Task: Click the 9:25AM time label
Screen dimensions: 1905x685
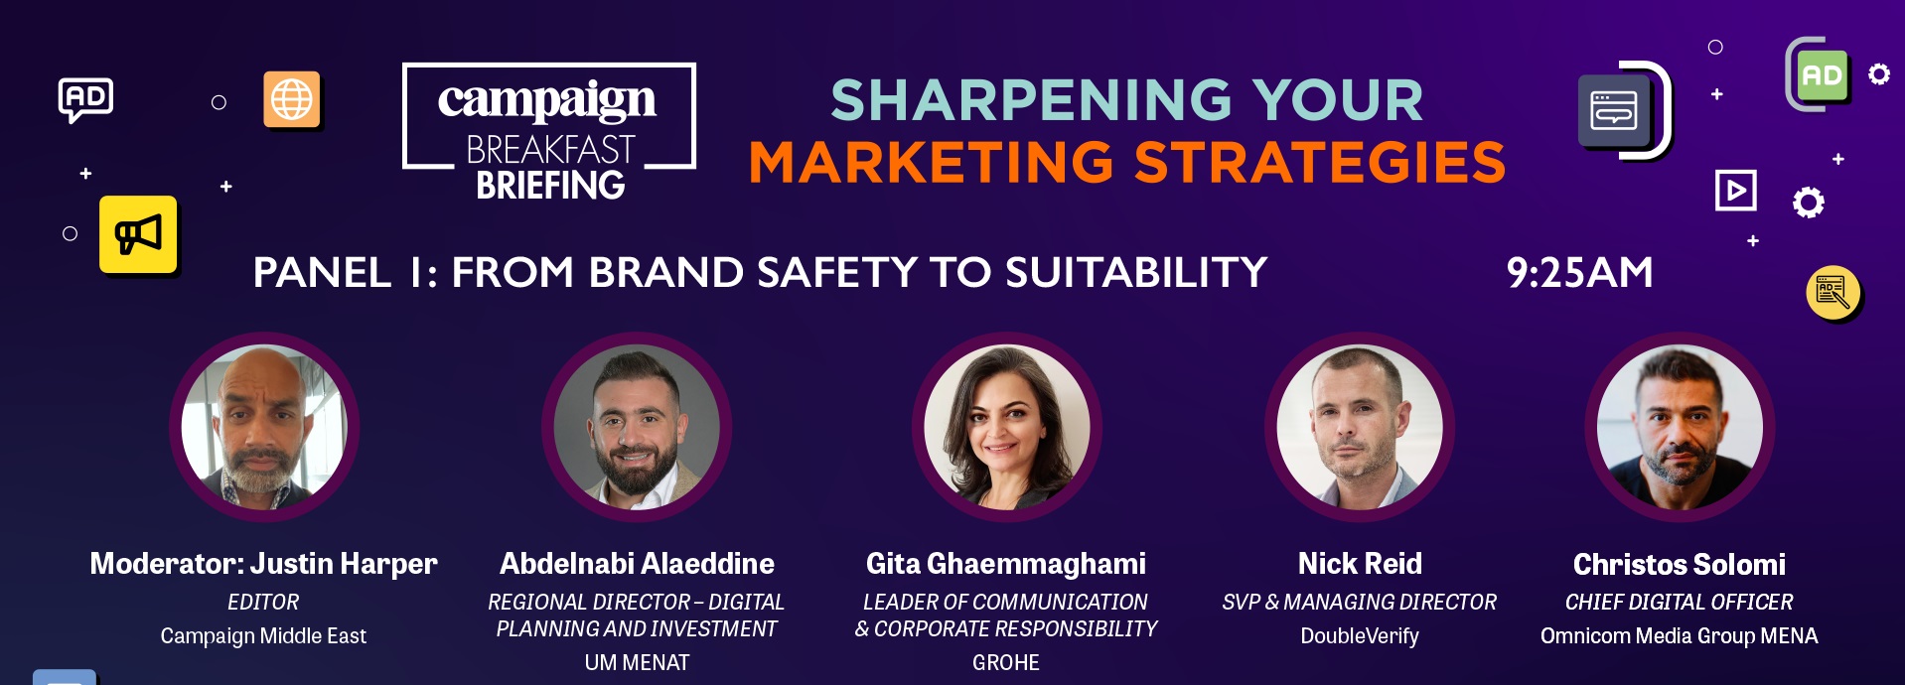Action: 1579,272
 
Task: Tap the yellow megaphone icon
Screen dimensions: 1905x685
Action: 138,234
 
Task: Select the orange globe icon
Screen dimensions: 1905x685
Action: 292,99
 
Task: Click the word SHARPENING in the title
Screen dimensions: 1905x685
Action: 1030,100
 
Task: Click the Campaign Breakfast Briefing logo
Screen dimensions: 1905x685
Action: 549,131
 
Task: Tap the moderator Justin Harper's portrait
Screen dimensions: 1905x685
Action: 264,427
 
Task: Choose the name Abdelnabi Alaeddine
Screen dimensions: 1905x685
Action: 637,564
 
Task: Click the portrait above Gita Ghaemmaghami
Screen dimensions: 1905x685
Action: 1006,427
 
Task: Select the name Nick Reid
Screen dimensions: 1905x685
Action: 1360,564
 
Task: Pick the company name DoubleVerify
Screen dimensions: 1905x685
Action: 1360,636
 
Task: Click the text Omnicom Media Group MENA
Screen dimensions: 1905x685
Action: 1679,636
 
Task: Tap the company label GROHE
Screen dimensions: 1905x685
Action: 1006,663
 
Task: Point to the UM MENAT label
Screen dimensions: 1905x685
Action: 637,663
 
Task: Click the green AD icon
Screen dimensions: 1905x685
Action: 1822,75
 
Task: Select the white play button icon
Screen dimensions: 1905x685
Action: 1735,190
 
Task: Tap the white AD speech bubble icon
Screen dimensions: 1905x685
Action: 85,99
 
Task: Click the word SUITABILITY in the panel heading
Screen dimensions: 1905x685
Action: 1136,272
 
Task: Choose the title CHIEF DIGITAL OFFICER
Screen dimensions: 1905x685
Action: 1679,603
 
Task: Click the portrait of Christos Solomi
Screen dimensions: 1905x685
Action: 1680,427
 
